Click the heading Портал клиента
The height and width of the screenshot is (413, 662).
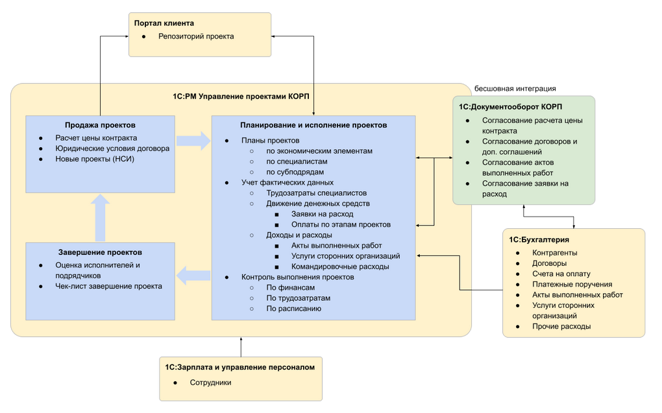(x=164, y=23)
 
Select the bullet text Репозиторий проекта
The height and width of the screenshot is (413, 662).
(x=196, y=36)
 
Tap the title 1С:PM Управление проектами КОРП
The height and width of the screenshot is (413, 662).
(x=241, y=96)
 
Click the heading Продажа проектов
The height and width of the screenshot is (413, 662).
(x=100, y=125)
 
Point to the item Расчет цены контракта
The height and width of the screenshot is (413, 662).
(x=96, y=138)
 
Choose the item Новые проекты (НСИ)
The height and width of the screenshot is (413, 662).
(x=95, y=159)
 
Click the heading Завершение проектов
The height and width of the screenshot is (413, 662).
(x=100, y=252)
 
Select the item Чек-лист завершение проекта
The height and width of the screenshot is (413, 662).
(x=108, y=286)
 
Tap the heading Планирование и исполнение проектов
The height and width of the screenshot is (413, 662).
(x=313, y=125)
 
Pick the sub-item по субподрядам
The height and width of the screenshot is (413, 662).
(x=295, y=172)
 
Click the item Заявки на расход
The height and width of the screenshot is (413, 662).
(x=322, y=214)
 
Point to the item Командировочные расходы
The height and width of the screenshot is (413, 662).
(x=340, y=266)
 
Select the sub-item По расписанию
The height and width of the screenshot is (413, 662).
(x=294, y=309)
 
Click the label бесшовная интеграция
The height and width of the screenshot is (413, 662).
(x=515, y=89)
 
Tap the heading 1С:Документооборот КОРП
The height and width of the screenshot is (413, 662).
(x=510, y=107)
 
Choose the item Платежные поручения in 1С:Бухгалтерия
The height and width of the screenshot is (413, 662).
(x=572, y=285)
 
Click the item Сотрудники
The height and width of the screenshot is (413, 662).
(x=210, y=383)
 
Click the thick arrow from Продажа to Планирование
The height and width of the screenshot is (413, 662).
(x=193, y=141)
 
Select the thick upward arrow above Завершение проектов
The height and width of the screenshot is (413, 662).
(x=100, y=218)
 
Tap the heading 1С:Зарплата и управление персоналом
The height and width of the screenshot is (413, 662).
(x=239, y=368)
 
